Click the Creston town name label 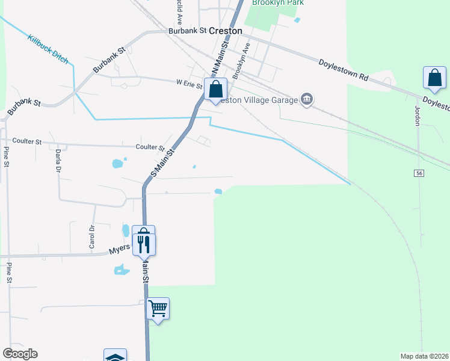(226, 30)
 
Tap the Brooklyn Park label (278, 3)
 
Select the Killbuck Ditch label (48, 49)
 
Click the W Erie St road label (189, 84)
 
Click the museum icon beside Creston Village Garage (307, 99)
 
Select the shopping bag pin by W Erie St (215, 90)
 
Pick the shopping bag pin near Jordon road (434, 78)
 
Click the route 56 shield (419, 173)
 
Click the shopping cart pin (158, 309)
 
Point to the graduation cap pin (115, 356)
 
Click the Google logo (20, 354)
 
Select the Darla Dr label (58, 161)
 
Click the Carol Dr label (92, 236)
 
